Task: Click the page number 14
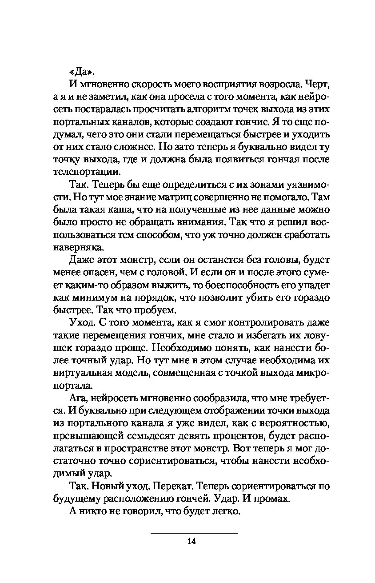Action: [192, 541]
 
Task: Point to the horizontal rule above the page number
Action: [194, 533]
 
